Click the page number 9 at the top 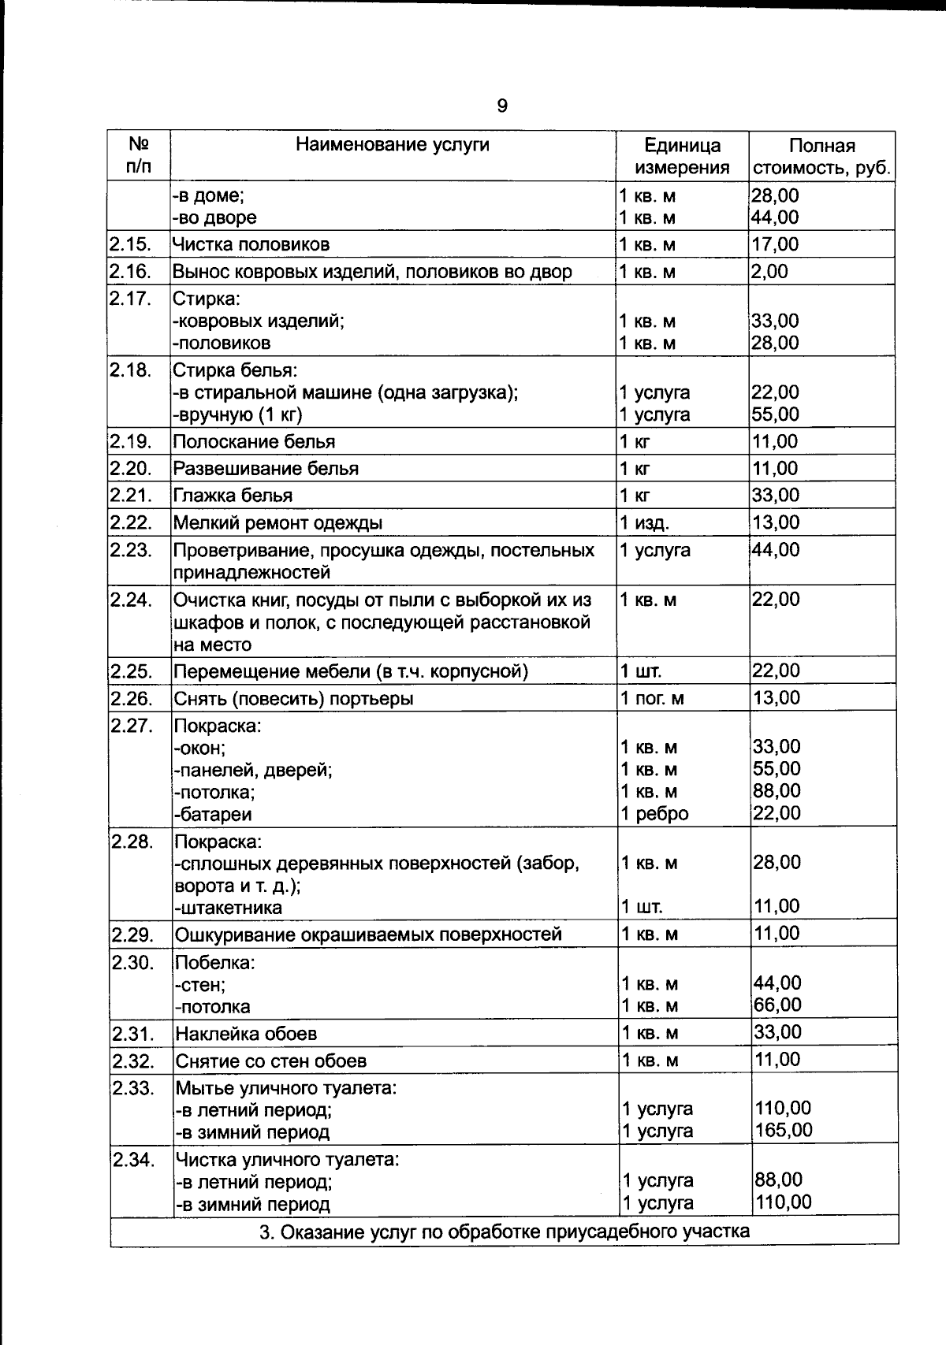(x=502, y=106)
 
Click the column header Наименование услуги (x=392, y=145)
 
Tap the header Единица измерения (x=682, y=156)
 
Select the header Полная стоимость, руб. (x=821, y=156)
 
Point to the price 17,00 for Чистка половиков (x=775, y=244)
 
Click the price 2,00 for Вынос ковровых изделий (x=769, y=271)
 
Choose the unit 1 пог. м (x=652, y=699)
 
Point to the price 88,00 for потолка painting (x=777, y=791)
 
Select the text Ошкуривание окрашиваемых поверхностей (x=368, y=934)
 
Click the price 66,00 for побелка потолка (x=777, y=1005)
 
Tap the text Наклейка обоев (x=246, y=1034)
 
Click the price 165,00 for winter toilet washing (x=784, y=1131)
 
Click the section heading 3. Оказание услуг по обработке (x=505, y=1232)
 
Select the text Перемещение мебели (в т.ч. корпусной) (x=350, y=672)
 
